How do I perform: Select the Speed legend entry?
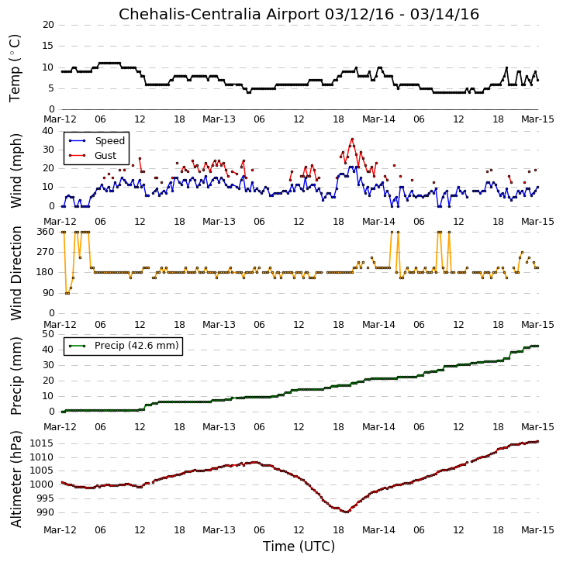click(x=97, y=140)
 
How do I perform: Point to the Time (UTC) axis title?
click(x=299, y=546)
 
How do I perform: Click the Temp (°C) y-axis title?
click(x=15, y=68)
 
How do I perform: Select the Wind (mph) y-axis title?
click(x=16, y=171)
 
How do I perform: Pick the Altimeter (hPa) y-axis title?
click(x=16, y=479)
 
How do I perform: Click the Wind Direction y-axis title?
click(x=16, y=273)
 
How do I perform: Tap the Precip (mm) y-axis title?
click(x=16, y=376)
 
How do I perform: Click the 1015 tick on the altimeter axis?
click(x=41, y=443)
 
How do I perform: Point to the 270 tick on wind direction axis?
click(x=45, y=252)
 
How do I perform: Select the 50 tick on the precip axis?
click(x=48, y=334)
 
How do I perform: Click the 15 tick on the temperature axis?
click(x=48, y=46)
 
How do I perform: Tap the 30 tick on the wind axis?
click(x=48, y=150)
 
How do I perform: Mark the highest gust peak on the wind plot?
click(x=352, y=139)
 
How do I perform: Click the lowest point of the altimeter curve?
click(x=346, y=512)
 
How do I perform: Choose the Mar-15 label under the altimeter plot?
click(x=537, y=530)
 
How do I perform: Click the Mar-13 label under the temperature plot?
click(x=219, y=119)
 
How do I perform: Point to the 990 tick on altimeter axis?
click(x=44, y=512)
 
